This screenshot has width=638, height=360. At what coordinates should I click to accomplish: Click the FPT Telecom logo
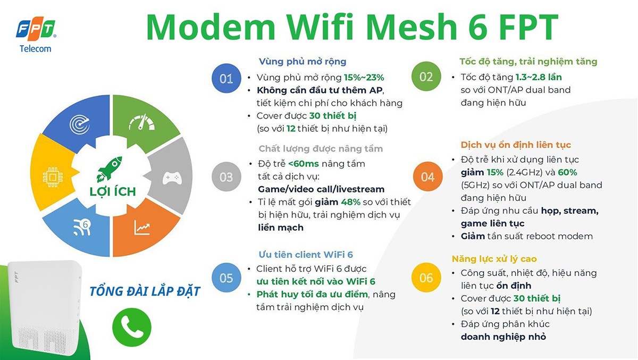[36, 35]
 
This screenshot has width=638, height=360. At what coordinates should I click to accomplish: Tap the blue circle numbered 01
[226, 79]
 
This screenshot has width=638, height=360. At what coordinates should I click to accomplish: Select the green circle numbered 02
[426, 77]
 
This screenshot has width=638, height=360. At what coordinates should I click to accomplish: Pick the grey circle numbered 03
[226, 177]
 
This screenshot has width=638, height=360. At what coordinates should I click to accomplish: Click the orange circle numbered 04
[427, 177]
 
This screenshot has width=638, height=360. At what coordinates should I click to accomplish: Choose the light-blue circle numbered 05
[226, 278]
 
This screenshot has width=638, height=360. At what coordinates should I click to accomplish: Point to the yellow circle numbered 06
[426, 278]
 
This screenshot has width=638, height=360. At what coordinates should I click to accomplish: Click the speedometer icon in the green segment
[141, 123]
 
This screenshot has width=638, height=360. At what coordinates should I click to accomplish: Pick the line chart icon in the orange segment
[142, 228]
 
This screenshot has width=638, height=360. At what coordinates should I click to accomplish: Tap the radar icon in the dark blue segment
[79, 123]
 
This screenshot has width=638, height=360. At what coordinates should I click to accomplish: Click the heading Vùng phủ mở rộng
[302, 62]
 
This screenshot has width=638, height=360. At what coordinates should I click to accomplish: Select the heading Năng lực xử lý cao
[494, 259]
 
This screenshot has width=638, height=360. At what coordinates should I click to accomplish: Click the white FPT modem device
[40, 308]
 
